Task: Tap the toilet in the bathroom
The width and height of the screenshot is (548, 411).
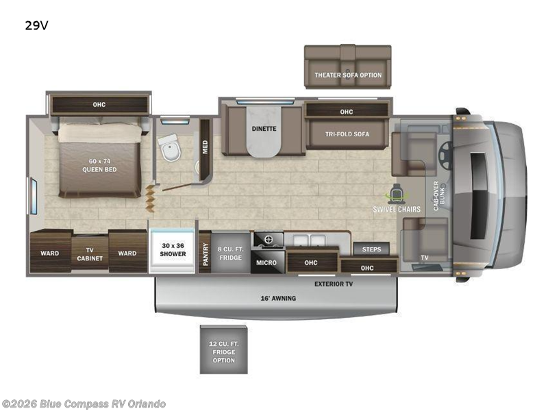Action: [x=168, y=145]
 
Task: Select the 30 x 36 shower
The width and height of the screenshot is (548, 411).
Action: [x=173, y=249]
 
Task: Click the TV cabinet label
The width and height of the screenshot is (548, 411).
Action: [x=90, y=253]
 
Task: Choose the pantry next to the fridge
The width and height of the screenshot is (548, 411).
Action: [x=204, y=252]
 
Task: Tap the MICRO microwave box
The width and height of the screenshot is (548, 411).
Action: [x=266, y=262]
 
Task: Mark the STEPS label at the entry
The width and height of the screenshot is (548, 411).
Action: [x=372, y=249]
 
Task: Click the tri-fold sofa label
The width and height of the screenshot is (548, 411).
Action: [x=347, y=134]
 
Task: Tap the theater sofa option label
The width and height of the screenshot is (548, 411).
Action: [x=348, y=75]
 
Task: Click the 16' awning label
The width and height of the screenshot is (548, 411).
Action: [x=277, y=299]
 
